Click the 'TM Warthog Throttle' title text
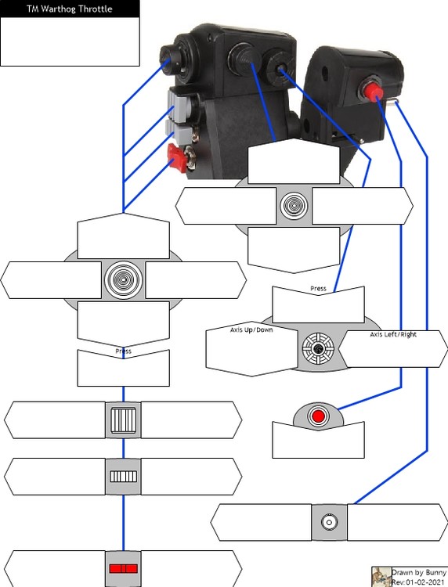click(70, 9)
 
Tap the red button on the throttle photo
click(371, 91)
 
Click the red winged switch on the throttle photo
click(178, 157)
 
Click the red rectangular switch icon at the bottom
click(123, 569)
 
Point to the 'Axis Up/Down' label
click(251, 330)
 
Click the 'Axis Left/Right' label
click(393, 334)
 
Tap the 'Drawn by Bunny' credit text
click(419, 572)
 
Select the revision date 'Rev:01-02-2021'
click(418, 582)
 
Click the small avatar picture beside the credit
click(381, 577)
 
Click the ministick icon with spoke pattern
click(318, 348)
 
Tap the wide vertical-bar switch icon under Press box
click(123, 420)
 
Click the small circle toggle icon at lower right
click(329, 522)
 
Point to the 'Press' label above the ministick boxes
click(318, 288)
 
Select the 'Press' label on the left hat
click(123, 351)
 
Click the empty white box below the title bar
click(70, 41)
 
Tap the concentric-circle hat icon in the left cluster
click(123, 279)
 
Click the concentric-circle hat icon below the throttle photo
click(294, 206)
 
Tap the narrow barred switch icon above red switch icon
click(123, 476)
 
